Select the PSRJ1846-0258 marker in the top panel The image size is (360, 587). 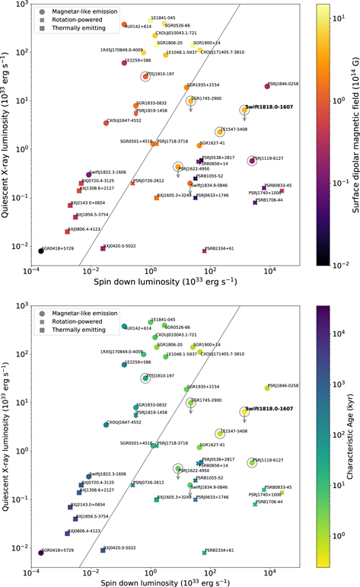(267, 87)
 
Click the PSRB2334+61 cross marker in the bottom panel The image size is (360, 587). (204, 553)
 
